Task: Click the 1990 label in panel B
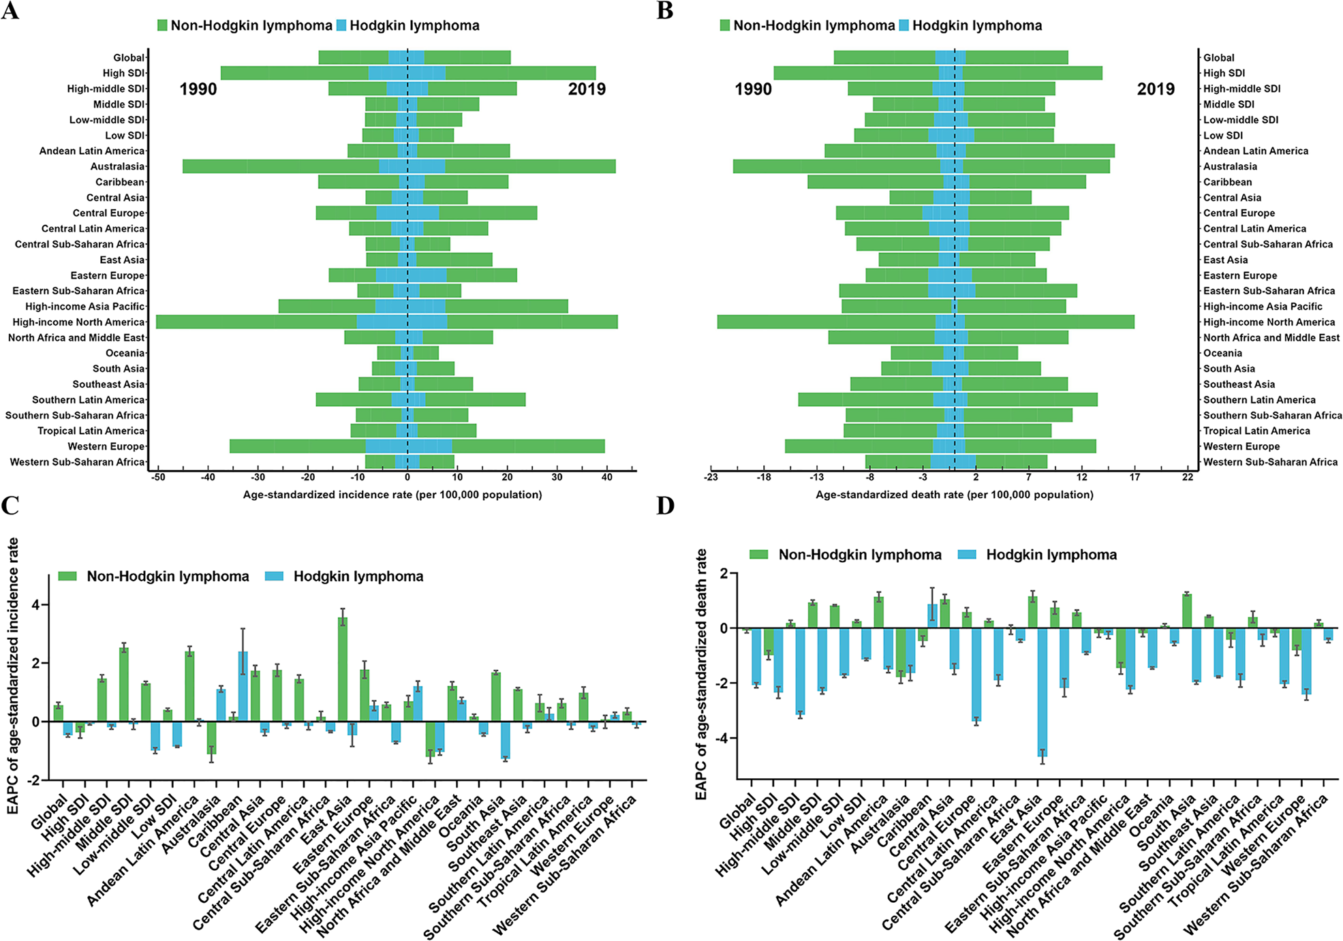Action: click(x=753, y=89)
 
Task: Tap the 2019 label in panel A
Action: click(x=587, y=89)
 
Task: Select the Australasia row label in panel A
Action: click(x=117, y=167)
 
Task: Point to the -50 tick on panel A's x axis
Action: click(x=158, y=478)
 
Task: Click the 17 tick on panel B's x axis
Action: click(x=1134, y=478)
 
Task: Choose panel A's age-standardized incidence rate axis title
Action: click(x=392, y=495)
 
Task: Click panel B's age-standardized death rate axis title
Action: click(x=954, y=495)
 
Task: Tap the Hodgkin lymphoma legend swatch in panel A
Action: click(x=341, y=26)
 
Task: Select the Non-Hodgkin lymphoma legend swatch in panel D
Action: click(x=758, y=555)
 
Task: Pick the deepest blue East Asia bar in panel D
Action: click(x=1042, y=692)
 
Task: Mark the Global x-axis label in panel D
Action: click(x=737, y=811)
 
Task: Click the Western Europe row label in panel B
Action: click(x=1241, y=447)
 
